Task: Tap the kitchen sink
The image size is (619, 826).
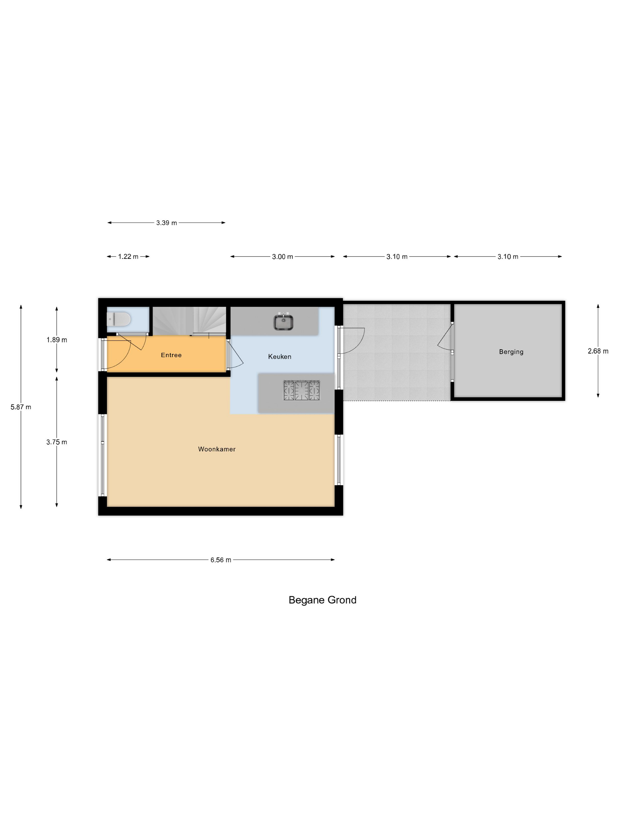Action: (x=283, y=322)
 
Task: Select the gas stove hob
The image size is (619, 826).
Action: (x=302, y=390)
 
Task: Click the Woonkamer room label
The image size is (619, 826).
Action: (x=217, y=449)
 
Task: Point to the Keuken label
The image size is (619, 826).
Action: (x=279, y=357)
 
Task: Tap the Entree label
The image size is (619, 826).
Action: (x=171, y=355)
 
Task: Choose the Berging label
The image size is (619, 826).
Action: (x=511, y=352)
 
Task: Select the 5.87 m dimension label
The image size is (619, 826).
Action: (x=21, y=407)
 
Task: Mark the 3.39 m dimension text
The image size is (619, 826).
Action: (x=167, y=223)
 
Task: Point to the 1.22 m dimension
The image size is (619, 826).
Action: (x=128, y=257)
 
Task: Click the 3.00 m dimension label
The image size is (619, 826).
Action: (x=282, y=257)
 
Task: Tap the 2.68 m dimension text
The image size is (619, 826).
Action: (x=598, y=351)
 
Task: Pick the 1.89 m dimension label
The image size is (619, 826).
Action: (x=57, y=340)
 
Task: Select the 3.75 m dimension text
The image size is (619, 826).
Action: (x=57, y=442)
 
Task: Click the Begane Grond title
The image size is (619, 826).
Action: (x=322, y=600)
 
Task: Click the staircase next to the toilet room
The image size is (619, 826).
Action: (x=190, y=320)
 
